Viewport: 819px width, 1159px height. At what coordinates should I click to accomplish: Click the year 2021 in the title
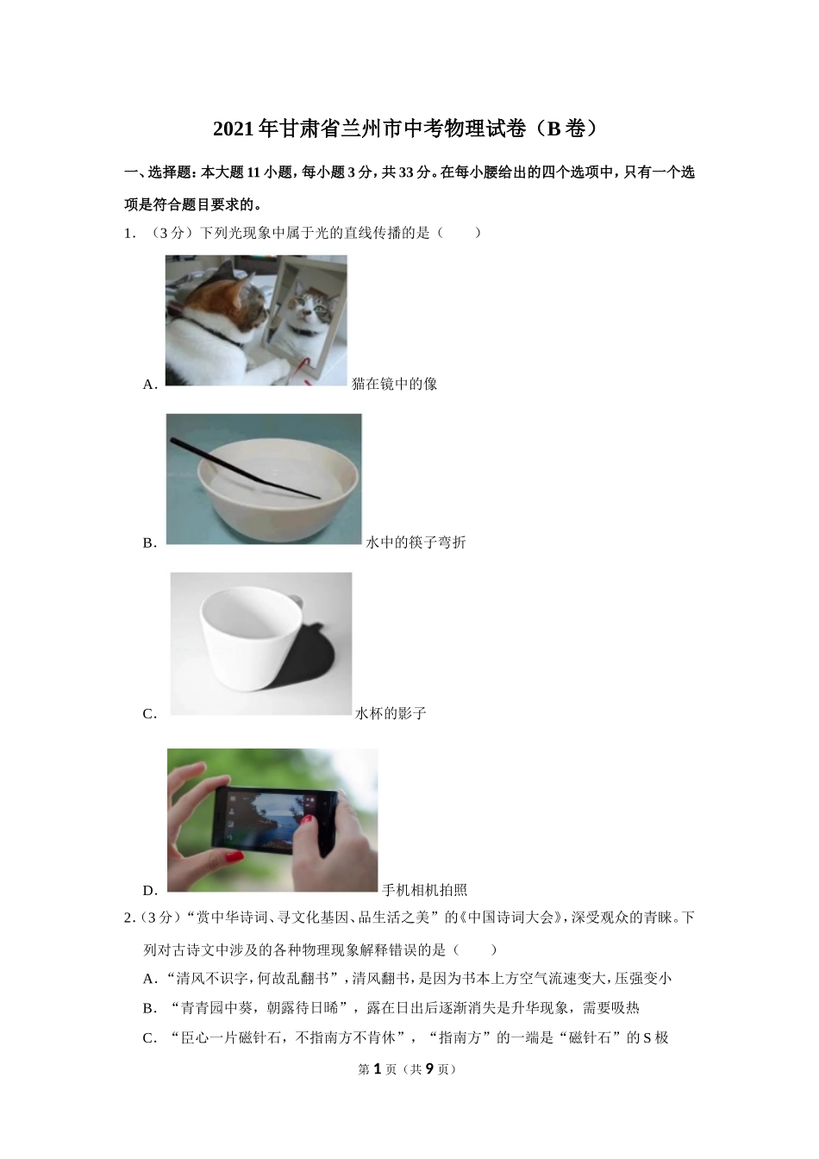234,129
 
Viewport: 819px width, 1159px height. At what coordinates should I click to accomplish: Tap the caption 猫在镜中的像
394,384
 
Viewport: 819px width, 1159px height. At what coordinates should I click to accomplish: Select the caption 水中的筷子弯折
416,542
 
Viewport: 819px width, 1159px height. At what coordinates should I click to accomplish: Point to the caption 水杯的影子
391,713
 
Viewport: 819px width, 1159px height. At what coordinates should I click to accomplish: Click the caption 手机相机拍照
424,890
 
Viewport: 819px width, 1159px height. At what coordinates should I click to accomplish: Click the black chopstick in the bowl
245,469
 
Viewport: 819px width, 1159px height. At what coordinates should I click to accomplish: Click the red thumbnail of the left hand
234,857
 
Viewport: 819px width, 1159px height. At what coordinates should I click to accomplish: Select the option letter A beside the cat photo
150,385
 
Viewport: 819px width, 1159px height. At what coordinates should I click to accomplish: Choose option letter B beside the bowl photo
150,542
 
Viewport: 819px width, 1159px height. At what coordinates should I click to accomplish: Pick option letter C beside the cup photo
150,713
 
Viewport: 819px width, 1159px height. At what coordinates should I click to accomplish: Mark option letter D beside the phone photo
150,891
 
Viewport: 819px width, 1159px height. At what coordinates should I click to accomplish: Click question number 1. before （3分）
130,234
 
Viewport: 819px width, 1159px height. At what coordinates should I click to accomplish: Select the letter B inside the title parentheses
553,129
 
